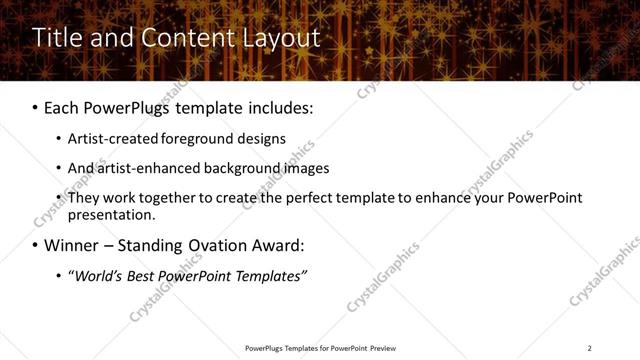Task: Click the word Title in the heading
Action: [x=54, y=38]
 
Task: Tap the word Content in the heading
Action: [x=181, y=38]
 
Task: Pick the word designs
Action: [x=256, y=139]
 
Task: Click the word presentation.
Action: [x=111, y=214]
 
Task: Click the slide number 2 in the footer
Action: [x=589, y=348]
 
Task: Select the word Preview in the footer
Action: [x=381, y=348]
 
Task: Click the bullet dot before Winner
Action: [x=36, y=246]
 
